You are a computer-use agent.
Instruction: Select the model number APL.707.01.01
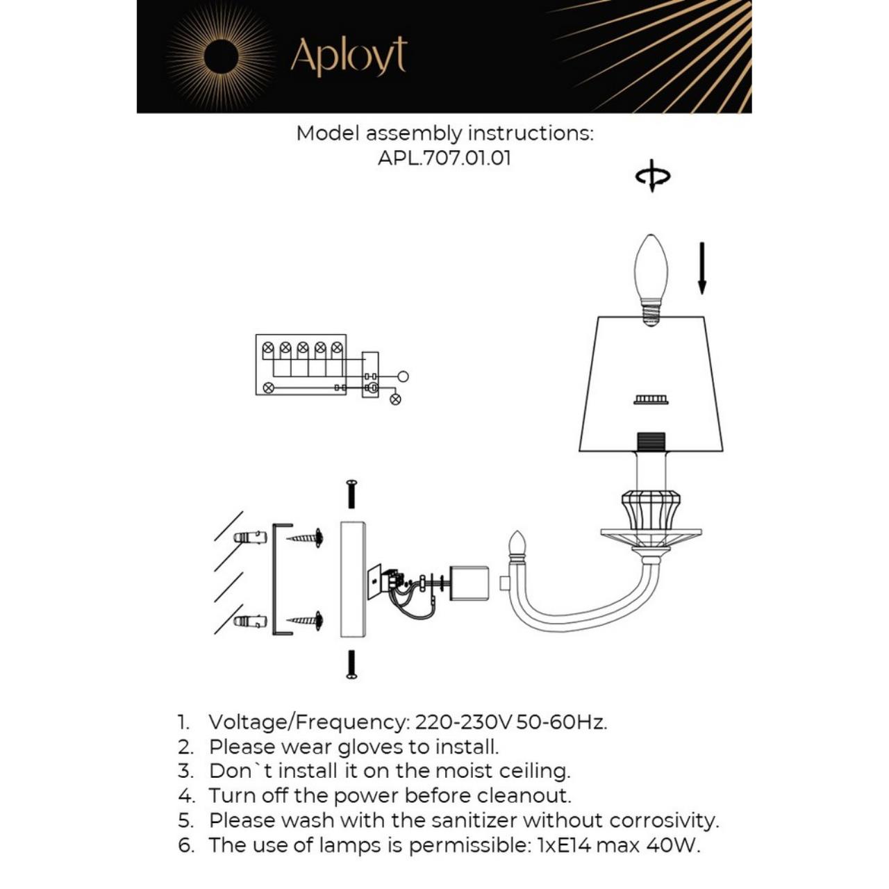(444, 158)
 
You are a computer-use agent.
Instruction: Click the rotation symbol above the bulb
(652, 176)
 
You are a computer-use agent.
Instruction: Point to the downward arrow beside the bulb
(701, 267)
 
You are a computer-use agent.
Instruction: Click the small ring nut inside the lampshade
(651, 399)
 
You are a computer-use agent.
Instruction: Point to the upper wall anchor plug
(251, 538)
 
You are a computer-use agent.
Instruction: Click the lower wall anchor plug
(251, 621)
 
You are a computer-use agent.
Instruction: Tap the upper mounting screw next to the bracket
(306, 538)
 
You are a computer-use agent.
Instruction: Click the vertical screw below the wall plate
(351, 664)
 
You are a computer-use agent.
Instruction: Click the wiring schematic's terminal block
(301, 365)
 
